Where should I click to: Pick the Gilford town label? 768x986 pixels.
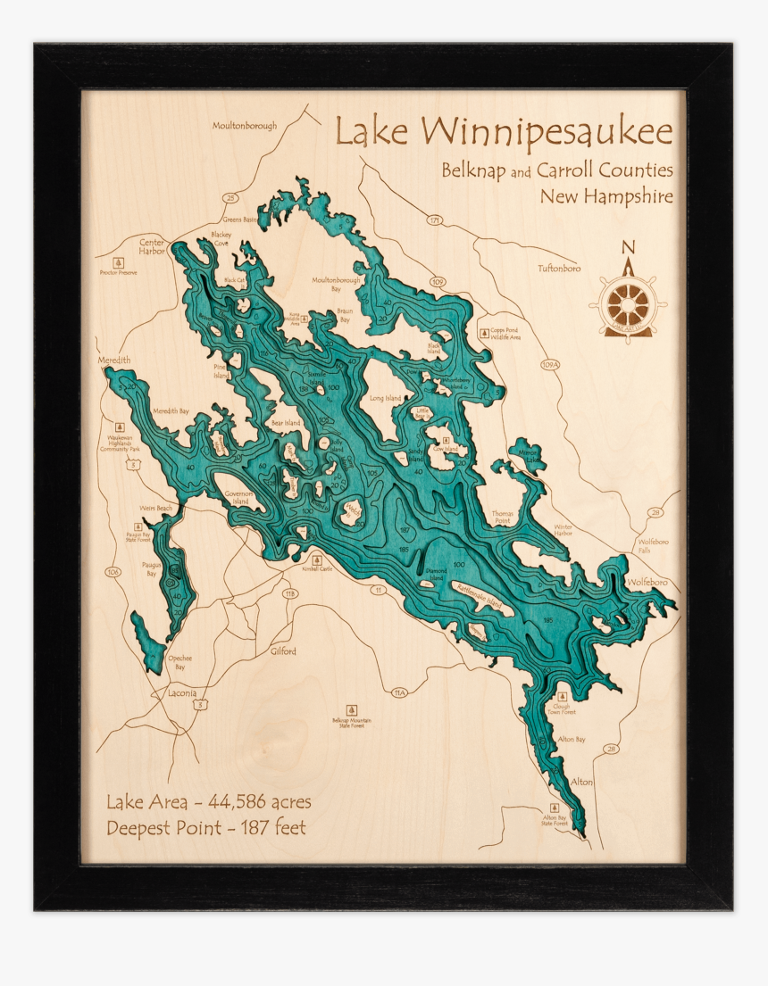click(283, 651)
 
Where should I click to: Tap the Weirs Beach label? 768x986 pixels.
click(156, 507)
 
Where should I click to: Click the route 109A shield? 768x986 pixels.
click(550, 364)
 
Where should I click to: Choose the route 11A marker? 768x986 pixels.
click(399, 692)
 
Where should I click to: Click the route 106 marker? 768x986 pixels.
click(113, 572)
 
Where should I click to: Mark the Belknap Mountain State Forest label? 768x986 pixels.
click(352, 722)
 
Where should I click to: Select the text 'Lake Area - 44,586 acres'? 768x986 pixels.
click(208, 801)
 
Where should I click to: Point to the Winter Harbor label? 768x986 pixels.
click(563, 530)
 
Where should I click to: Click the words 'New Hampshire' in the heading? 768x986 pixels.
click(605, 195)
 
